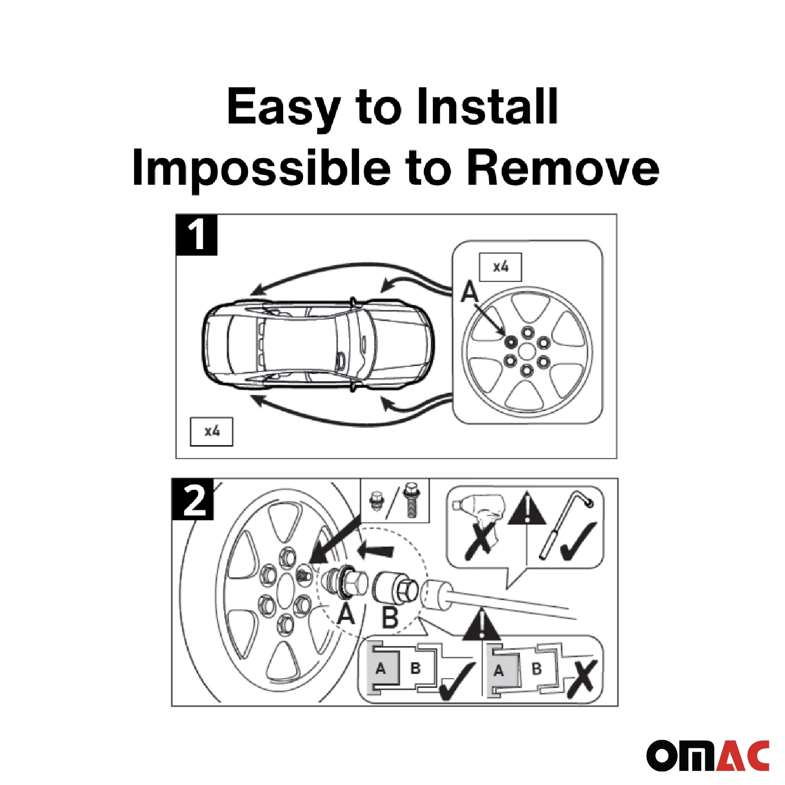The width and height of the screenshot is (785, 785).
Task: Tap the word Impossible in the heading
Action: [x=261, y=167]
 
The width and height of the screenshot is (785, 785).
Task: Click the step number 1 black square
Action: [x=196, y=235]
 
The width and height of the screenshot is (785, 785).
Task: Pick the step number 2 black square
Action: [x=193, y=499]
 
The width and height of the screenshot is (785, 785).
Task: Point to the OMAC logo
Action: [x=708, y=755]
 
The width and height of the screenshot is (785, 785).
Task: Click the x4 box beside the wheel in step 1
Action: [x=501, y=267]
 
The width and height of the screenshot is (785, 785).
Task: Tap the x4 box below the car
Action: [x=211, y=431]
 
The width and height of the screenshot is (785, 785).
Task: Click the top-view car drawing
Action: [x=318, y=345]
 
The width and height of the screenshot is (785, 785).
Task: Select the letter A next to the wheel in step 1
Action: [x=469, y=291]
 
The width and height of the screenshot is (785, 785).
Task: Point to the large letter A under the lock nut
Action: [x=346, y=613]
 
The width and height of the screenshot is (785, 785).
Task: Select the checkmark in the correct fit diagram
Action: [x=456, y=681]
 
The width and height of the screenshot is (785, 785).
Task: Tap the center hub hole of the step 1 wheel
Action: [x=527, y=352]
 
